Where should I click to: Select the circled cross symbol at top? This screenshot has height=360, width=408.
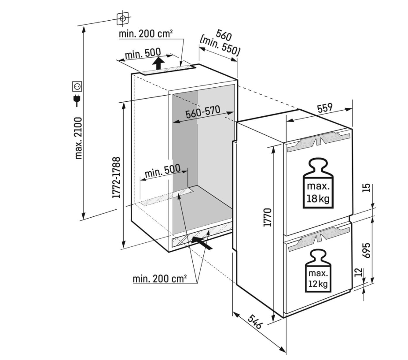(123, 19)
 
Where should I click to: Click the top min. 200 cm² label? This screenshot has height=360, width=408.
(145, 33)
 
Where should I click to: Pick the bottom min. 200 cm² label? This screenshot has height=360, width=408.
(159, 278)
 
